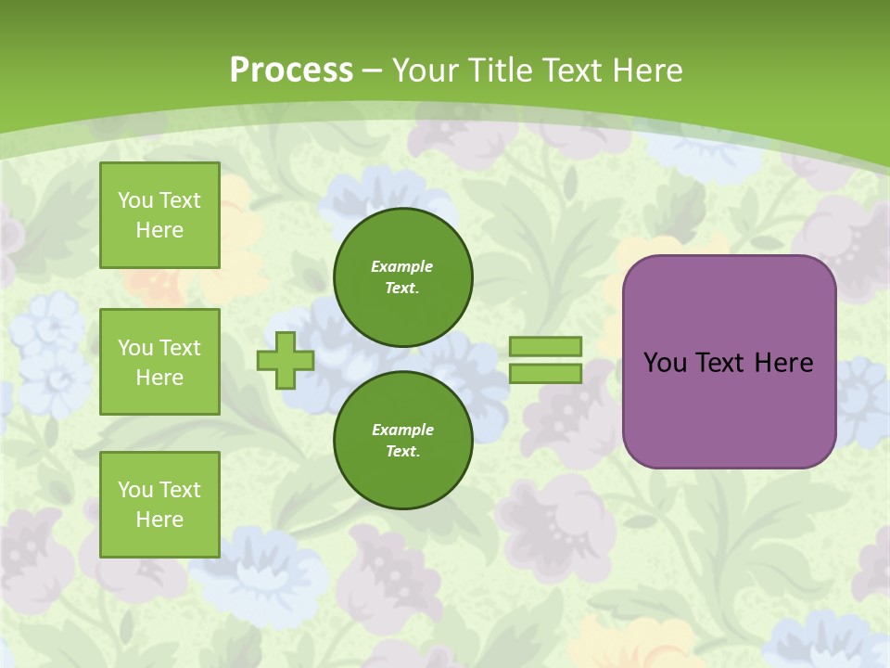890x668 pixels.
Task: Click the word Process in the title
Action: (291, 71)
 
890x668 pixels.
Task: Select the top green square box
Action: (159, 215)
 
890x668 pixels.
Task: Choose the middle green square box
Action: (159, 362)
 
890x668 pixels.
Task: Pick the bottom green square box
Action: (159, 505)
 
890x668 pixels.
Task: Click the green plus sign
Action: (286, 360)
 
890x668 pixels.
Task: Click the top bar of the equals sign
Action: (545, 346)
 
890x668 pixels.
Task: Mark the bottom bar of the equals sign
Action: (545, 374)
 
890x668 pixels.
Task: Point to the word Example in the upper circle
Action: (402, 266)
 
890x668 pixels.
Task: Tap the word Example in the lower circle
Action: (402, 430)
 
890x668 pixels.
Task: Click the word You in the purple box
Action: (665, 363)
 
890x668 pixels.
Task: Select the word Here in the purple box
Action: (783, 363)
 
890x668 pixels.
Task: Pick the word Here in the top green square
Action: (159, 230)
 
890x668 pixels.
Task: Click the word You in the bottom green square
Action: (135, 490)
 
